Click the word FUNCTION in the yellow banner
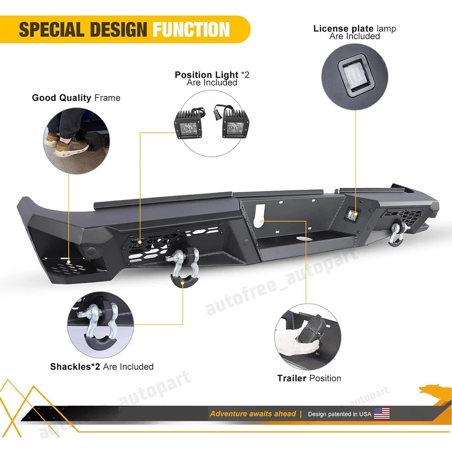pos(191,30)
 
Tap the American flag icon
pos(381,414)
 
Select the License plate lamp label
pos(355,32)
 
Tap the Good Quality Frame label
pos(76,98)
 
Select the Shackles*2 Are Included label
pos(102,366)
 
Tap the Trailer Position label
pos(309,378)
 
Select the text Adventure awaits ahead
pos(253,414)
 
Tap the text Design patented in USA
pos(339,414)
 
